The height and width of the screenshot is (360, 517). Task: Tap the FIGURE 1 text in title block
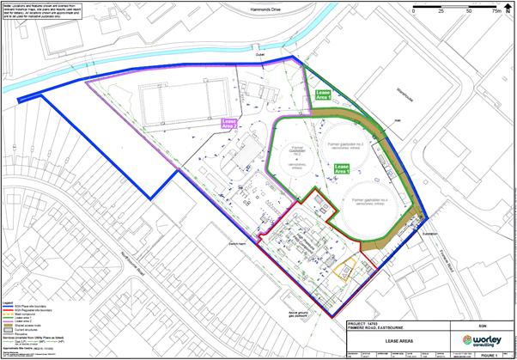[490, 351]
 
